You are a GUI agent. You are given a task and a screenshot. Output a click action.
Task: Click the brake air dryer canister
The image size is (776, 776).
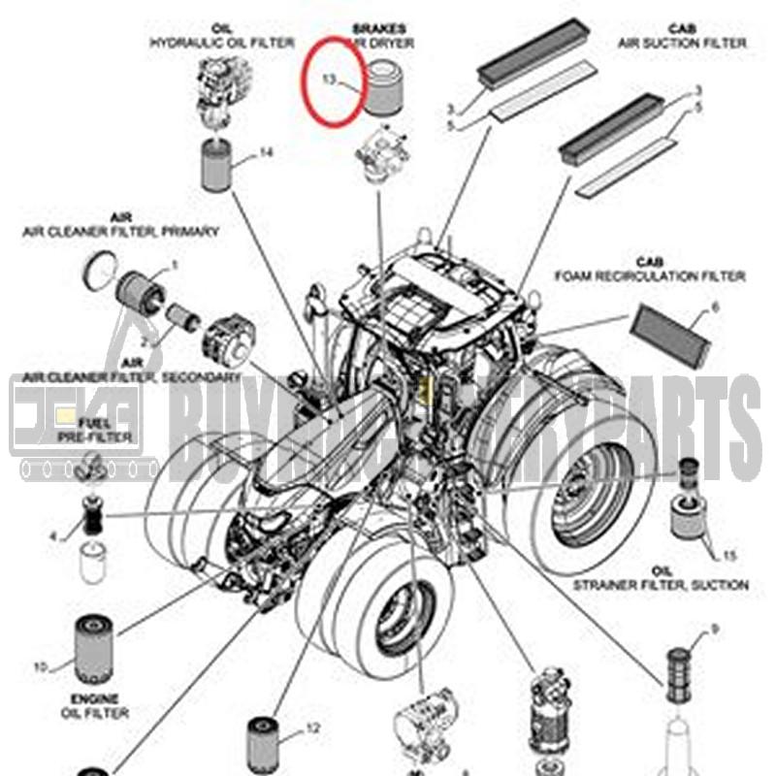click(378, 85)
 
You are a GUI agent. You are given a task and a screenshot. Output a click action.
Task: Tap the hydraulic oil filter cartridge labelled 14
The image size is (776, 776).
click(217, 165)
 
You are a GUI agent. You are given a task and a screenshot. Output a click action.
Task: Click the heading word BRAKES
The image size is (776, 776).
click(379, 29)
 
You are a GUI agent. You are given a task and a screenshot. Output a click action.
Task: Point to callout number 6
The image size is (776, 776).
click(715, 307)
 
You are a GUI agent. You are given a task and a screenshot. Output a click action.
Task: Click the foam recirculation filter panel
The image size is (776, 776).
click(671, 336)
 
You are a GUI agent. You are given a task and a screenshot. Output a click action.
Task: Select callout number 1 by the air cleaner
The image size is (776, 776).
click(175, 264)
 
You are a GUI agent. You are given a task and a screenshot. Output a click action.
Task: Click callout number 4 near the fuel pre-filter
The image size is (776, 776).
click(54, 535)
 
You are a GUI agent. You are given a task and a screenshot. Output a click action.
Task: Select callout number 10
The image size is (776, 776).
click(41, 667)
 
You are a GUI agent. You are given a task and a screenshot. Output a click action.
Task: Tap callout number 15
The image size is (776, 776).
click(728, 555)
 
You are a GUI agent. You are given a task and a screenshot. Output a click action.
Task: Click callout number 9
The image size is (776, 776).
click(715, 630)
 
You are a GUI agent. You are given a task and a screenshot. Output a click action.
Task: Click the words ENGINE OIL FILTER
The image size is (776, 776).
click(94, 706)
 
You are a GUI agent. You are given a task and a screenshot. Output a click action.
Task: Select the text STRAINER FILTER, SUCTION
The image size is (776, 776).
click(661, 585)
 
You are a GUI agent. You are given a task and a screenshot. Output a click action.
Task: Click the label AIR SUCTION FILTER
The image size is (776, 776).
click(683, 43)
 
